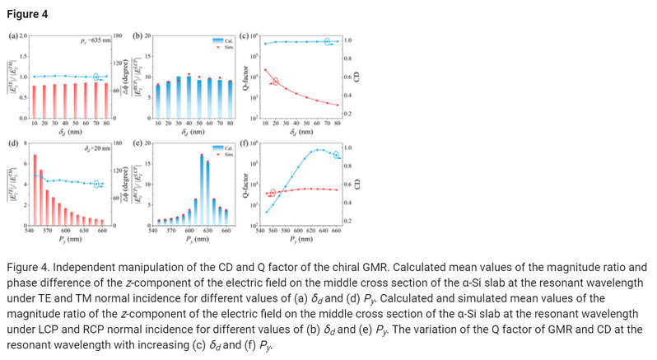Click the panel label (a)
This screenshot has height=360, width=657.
pyautogui.click(x=12, y=37)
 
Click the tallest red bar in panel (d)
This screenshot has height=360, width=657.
pyautogui.click(x=35, y=189)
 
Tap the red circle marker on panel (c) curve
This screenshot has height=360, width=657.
pyautogui.click(x=276, y=81)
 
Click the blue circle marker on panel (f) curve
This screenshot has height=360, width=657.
pyautogui.click(x=335, y=154)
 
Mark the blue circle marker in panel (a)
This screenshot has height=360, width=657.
pyautogui.click(x=96, y=77)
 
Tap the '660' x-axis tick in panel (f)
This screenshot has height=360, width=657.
pyautogui.click(x=336, y=231)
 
